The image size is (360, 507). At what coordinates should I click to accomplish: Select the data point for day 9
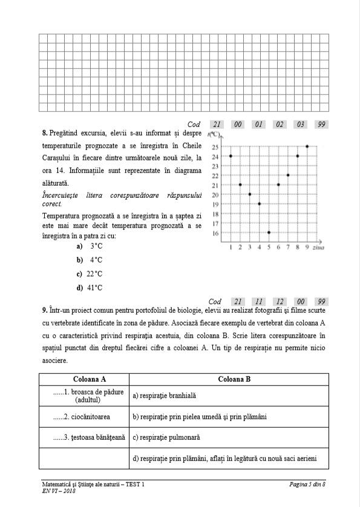(x=307, y=146)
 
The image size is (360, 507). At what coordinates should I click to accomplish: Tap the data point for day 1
(x=231, y=156)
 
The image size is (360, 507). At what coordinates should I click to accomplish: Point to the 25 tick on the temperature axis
(x=215, y=146)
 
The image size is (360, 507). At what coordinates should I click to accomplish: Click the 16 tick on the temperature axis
(x=215, y=233)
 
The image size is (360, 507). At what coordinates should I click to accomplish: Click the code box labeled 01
(x=259, y=125)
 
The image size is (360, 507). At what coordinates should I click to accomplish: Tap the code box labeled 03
(x=300, y=125)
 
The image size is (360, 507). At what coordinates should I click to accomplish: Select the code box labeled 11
(x=259, y=301)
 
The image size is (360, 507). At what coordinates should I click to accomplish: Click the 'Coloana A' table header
(x=84, y=379)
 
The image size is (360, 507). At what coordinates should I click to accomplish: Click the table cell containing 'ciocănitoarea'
(x=84, y=417)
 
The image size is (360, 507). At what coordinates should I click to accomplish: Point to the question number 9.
(x=45, y=311)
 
